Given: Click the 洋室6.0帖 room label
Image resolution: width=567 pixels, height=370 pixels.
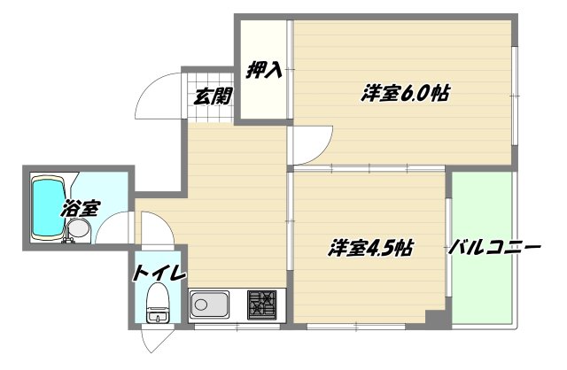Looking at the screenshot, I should [x=401, y=92].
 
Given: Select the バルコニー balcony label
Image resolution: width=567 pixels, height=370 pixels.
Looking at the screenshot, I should [x=494, y=248].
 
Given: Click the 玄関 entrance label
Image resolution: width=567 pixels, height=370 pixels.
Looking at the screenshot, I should [x=213, y=96].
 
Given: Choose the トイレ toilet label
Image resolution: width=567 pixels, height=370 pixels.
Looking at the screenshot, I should [x=159, y=273].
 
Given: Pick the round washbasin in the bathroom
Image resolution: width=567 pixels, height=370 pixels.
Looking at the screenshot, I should [x=78, y=230].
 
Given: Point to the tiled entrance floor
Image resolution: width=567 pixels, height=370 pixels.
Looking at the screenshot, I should [x=212, y=94].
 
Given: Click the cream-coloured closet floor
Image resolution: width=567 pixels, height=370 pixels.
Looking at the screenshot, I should [x=265, y=97].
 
